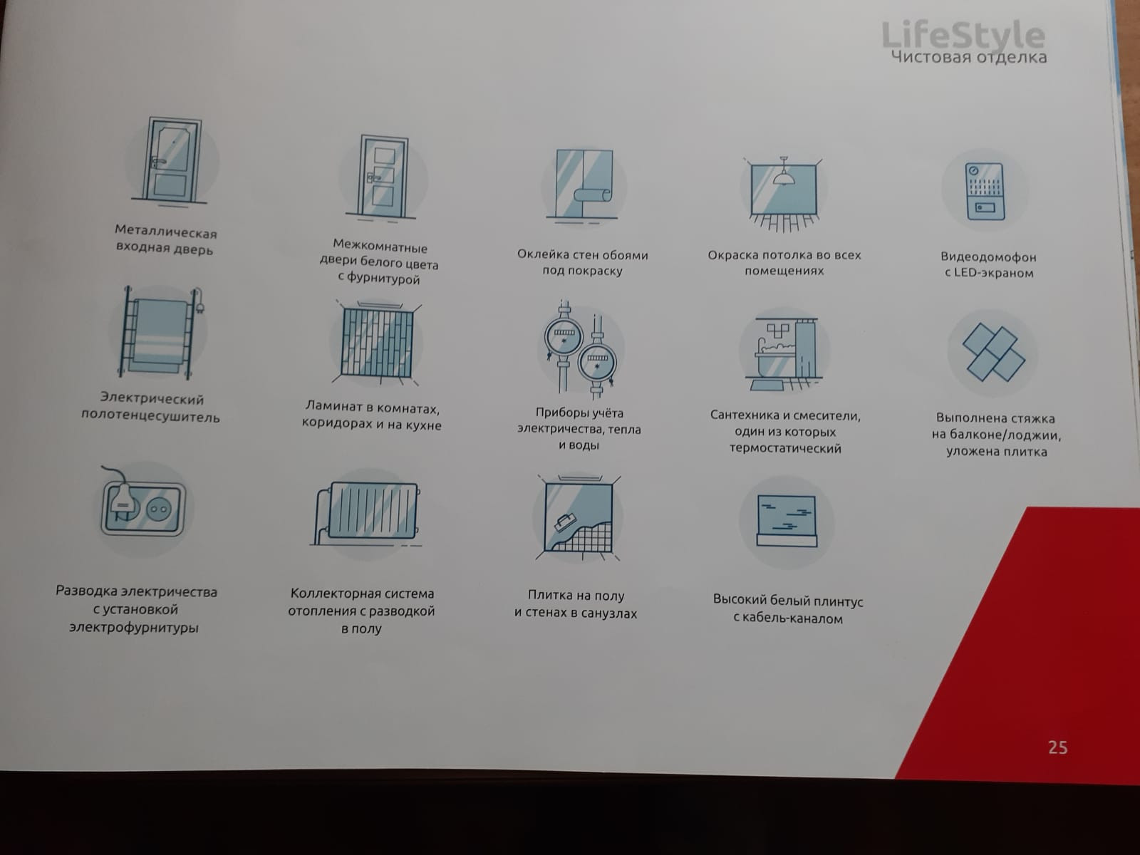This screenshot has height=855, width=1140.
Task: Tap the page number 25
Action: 1058,747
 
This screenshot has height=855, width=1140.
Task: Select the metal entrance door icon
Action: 170,160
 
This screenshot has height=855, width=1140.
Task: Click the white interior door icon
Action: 382,177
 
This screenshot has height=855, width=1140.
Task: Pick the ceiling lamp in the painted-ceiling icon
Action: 783,171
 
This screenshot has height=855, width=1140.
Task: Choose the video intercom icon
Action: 985,192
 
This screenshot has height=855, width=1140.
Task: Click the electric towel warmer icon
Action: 160,332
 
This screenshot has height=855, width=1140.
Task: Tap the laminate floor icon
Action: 378,343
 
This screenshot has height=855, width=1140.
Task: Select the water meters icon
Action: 580,347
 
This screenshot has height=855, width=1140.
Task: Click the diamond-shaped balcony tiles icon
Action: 993,353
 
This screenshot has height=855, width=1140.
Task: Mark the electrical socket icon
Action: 144,505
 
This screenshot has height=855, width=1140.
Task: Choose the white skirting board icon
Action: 787,521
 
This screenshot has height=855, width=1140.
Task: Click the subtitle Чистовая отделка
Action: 968,56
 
